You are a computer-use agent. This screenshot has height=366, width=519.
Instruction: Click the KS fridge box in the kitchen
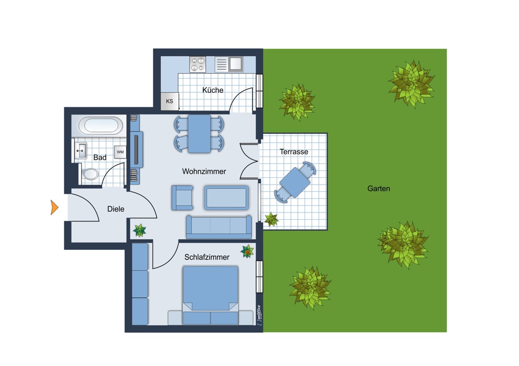click(x=170, y=101)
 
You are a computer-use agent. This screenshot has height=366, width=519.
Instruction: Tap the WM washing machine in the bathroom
click(x=120, y=152)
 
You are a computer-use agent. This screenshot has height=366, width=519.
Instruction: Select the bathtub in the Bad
click(x=99, y=125)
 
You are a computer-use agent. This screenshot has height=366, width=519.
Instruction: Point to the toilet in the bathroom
click(x=90, y=174)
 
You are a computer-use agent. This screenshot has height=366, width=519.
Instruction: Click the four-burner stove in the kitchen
click(x=198, y=64)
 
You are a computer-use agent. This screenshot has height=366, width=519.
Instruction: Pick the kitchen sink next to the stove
click(x=229, y=64)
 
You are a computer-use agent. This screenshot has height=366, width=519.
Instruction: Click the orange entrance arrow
click(x=54, y=208)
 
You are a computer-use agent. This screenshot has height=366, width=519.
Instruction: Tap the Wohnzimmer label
click(x=204, y=171)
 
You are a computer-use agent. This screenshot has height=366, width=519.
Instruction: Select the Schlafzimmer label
click(x=207, y=257)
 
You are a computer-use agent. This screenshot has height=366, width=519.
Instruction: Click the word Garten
click(x=379, y=189)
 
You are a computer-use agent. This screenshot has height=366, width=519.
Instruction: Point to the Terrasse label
click(x=294, y=152)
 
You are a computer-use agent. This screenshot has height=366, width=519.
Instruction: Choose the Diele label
click(x=116, y=209)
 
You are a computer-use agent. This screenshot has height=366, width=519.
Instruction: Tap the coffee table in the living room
click(x=226, y=198)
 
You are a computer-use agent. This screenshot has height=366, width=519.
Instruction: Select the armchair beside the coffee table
click(x=182, y=198)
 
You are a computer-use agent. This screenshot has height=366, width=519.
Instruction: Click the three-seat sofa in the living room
click(x=219, y=227)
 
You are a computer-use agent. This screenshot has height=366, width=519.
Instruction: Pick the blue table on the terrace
click(x=295, y=182)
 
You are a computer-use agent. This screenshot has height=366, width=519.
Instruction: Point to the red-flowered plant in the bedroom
click(x=247, y=251)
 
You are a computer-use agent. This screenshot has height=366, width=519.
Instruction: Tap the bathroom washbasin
click(x=80, y=151)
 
